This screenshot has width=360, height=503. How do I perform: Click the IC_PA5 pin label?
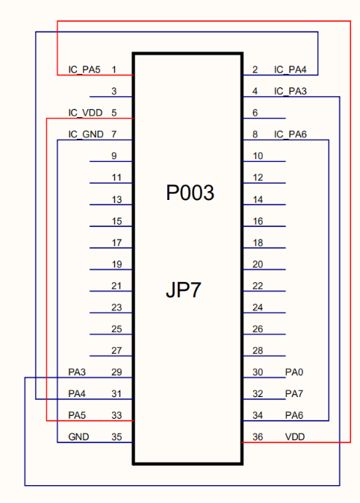tap(84, 69)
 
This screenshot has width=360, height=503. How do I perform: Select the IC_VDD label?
tap(85, 113)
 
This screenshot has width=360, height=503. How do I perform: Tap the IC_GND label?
tap(86, 134)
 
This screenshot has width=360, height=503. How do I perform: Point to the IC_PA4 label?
tap(291, 69)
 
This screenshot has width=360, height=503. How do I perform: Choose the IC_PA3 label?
tap(291, 92)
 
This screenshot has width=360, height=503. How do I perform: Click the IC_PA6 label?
tap(291, 134)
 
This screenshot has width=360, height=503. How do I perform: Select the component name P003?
tap(190, 193)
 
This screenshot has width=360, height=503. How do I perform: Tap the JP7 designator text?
tap(184, 290)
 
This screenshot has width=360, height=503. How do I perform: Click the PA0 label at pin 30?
tap(294, 372)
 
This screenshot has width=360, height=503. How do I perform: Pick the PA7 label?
tap(294, 393)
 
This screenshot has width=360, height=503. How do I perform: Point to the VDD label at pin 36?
tap(295, 437)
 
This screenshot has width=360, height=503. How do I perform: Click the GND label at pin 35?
tap(78, 437)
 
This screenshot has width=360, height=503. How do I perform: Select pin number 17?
tap(117, 243)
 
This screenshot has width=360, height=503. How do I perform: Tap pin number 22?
tap(258, 286)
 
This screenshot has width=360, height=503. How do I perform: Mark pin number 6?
tap(255, 113)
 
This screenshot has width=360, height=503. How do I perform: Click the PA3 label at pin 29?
tap(77, 372)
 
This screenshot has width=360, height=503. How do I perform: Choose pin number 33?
tap(117, 416)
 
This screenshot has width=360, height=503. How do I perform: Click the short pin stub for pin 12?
tap(264, 183)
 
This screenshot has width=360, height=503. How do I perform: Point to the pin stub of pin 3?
tap(111, 96)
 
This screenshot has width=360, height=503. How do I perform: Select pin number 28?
tap(258, 351)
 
